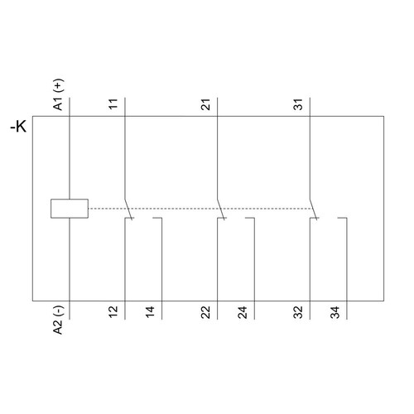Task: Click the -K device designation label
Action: (x=18, y=127)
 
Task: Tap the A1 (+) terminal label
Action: (x=59, y=94)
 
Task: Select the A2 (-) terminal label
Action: (x=59, y=320)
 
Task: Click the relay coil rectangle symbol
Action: (x=70, y=209)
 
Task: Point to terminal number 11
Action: (x=113, y=104)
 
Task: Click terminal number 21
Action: (x=205, y=104)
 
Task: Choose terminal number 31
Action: (x=298, y=104)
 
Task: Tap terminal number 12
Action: (x=113, y=312)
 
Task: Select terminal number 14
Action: (x=150, y=312)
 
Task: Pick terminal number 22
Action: (x=205, y=312)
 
